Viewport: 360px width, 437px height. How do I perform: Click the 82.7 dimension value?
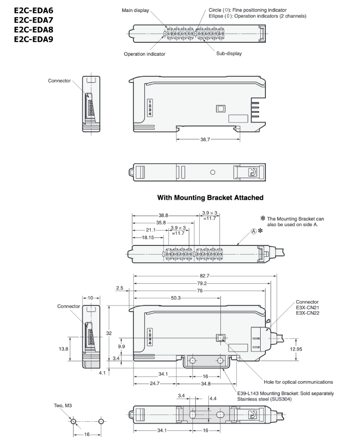[x=205, y=276]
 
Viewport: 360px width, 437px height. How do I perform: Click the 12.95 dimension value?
[x=296, y=349]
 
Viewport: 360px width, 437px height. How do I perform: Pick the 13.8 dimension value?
[x=63, y=349]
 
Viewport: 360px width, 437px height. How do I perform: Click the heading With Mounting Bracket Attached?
[x=210, y=197]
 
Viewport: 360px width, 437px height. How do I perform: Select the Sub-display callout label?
[x=229, y=54]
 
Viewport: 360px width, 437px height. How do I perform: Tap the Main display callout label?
[x=136, y=10]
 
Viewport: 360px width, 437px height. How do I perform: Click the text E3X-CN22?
[x=308, y=313]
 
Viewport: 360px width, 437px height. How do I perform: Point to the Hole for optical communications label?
[x=295, y=382]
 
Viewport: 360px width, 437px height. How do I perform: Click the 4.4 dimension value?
[x=214, y=399]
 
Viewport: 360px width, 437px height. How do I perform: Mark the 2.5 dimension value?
[x=120, y=288]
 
